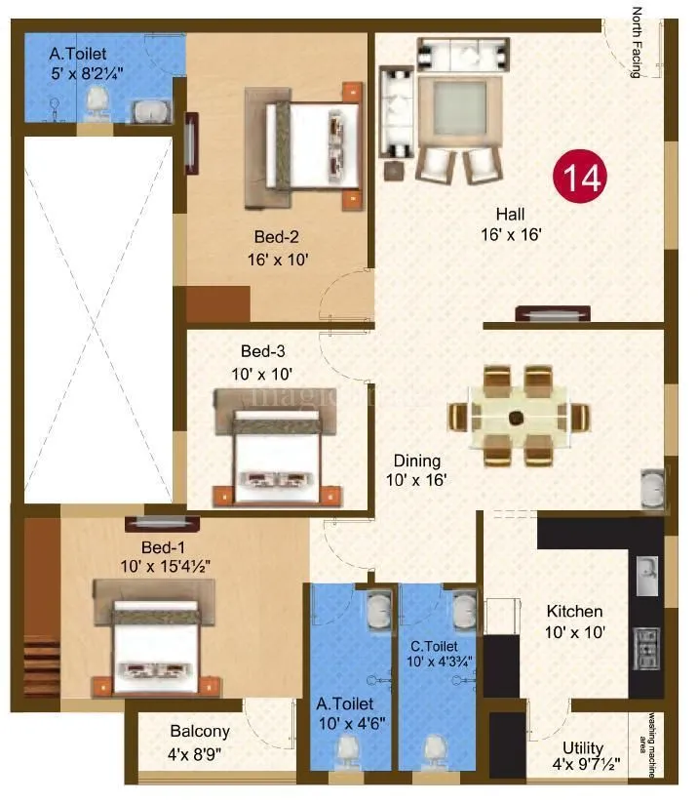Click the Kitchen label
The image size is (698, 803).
tap(573, 612)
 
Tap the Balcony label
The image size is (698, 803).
tap(200, 731)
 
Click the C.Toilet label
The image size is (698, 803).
tap(434, 645)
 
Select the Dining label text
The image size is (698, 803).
tap(417, 461)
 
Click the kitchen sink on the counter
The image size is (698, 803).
tap(645, 576)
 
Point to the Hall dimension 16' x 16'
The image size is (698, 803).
tap(511, 234)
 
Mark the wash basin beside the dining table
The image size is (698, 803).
tap(650, 488)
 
